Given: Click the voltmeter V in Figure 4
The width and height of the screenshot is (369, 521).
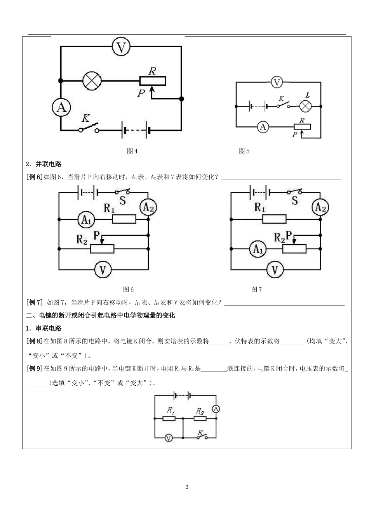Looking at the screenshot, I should [121, 47].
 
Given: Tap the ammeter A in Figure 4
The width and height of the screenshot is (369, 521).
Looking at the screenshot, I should [61, 107].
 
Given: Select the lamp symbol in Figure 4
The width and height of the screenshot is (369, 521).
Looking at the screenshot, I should [92, 81].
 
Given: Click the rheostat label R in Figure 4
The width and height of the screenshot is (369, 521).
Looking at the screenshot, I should [152, 71].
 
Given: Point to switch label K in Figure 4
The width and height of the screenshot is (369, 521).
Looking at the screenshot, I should [86, 118].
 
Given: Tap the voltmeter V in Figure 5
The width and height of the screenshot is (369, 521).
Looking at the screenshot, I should [277, 82].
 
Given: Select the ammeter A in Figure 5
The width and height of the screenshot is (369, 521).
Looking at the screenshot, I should [263, 126].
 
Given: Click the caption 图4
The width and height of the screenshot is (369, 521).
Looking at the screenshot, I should [132, 151].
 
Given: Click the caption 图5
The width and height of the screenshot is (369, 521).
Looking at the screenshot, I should [244, 151].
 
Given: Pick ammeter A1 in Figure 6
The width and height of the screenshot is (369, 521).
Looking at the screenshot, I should [86, 220].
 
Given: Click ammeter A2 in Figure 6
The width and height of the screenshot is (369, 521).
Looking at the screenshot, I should [148, 208].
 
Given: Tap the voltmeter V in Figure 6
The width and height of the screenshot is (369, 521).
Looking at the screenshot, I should [103, 270].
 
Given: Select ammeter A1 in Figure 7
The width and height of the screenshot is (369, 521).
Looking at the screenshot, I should [258, 249].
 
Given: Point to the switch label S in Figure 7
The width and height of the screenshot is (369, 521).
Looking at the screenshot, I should [295, 200].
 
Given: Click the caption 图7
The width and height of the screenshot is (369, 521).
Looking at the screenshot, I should [256, 290].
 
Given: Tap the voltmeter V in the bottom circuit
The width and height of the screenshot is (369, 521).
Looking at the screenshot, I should [169, 438].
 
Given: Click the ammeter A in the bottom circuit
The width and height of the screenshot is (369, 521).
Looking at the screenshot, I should [216, 409].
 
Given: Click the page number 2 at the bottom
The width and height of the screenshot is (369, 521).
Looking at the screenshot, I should [187, 487].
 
